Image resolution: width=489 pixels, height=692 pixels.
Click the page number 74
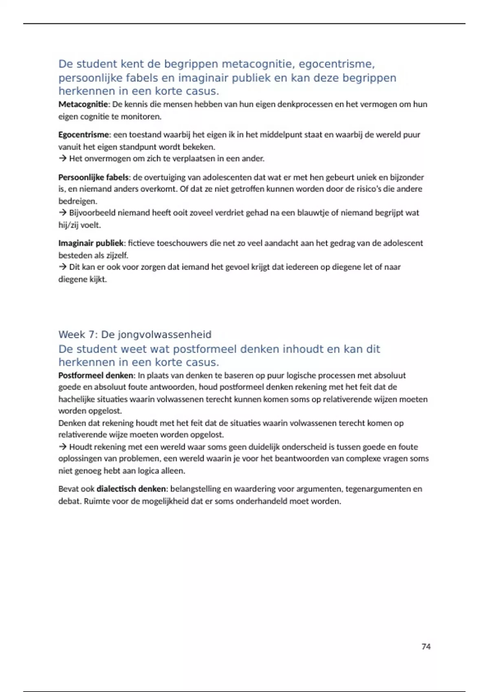point(426,646)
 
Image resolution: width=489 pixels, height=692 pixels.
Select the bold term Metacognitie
point(83,104)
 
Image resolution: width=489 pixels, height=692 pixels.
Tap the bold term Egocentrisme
point(84,135)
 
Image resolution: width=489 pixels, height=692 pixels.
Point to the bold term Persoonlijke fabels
point(93,177)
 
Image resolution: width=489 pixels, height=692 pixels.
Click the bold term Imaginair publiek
point(91,243)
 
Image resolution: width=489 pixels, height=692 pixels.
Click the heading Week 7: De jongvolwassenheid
point(135,335)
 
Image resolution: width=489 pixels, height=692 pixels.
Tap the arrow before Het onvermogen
point(62,158)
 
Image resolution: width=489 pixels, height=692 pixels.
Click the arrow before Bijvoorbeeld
point(62,212)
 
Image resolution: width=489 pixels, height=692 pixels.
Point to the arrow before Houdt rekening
point(62,447)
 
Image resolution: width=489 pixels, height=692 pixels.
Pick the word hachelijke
point(76,399)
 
